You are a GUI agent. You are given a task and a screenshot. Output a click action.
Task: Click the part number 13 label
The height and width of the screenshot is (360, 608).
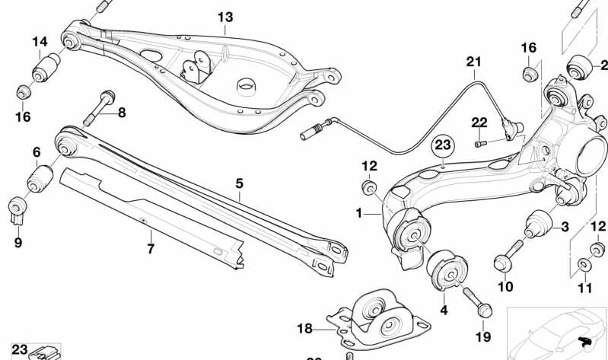click(225, 17)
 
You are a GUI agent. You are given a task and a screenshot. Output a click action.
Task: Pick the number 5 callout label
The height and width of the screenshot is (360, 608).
click(239, 183)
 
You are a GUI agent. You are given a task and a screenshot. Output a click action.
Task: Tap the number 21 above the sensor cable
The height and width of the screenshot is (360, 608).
click(475, 61)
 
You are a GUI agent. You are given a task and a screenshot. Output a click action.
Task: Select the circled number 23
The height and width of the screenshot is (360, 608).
click(443, 144)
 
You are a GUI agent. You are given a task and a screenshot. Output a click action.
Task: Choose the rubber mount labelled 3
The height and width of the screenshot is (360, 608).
click(538, 225)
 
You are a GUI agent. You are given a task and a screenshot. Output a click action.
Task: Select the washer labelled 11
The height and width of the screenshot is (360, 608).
click(584, 264)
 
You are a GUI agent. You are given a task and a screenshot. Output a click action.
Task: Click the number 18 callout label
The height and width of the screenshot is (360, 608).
click(304, 329)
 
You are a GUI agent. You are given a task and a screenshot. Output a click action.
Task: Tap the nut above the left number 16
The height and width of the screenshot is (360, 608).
click(24, 92)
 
